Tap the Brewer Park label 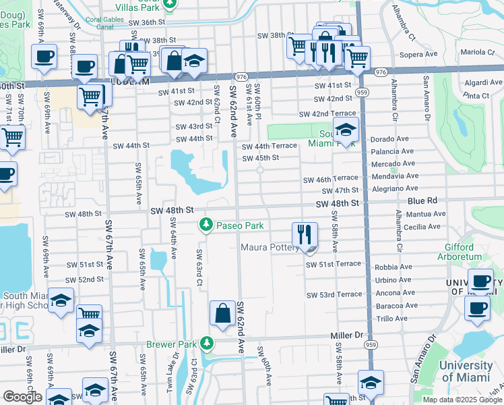click(x=172, y=344)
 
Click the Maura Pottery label click(x=270, y=248)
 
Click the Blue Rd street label click(x=422, y=200)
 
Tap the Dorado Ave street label click(x=390, y=139)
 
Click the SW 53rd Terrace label click(x=334, y=295)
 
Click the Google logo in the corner click(x=22, y=397)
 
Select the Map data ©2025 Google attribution click(x=462, y=400)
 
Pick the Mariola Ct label click(x=478, y=51)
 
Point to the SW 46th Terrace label click(x=326, y=180)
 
